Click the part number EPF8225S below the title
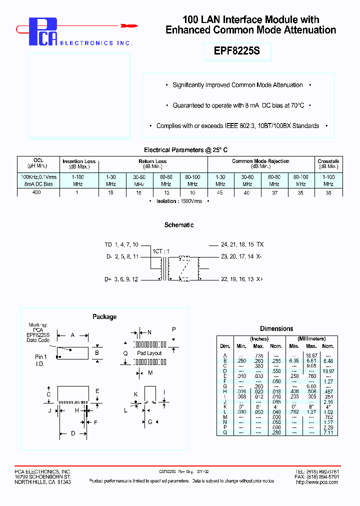[236, 51]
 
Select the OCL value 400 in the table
[38, 191]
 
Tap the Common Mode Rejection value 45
[220, 191]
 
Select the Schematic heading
[179, 225]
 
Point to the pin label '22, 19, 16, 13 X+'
[242, 279]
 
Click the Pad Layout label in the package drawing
[149, 353]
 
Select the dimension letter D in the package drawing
[72, 433]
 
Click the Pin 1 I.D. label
[41, 360]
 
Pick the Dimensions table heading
[276, 328]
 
